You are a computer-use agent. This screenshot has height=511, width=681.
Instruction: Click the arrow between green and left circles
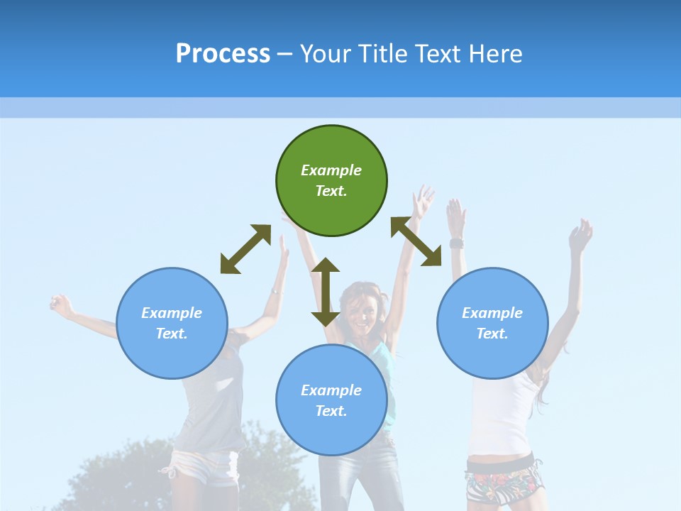[x=245, y=249]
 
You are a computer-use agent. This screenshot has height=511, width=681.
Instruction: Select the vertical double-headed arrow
[x=326, y=292]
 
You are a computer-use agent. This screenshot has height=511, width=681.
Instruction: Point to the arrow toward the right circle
[x=416, y=241]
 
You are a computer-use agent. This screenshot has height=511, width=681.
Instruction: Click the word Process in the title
[x=223, y=53]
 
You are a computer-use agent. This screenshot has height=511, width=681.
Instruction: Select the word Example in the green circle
[x=331, y=170]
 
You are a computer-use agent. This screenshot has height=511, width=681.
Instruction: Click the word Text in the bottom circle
[x=331, y=411]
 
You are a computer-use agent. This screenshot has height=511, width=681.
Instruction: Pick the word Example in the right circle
[x=492, y=313]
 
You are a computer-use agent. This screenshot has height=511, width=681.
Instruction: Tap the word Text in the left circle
[x=172, y=334]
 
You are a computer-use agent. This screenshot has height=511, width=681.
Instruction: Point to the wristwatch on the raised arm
[x=456, y=243]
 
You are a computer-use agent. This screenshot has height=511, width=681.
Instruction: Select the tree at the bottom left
[x=128, y=476]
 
